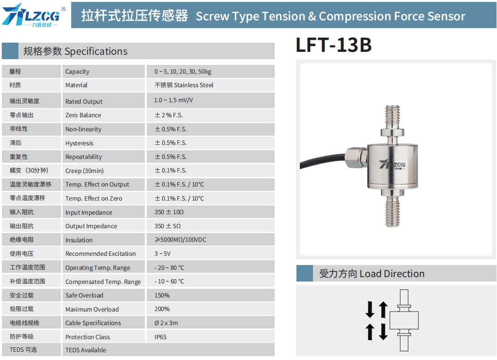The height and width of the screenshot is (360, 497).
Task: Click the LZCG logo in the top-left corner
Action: [x=34, y=15]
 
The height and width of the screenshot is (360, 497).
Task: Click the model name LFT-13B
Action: [x=333, y=45]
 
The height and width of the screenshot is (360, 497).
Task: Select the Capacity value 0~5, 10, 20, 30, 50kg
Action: [x=183, y=72]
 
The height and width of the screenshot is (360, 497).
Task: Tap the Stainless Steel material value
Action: [x=184, y=85]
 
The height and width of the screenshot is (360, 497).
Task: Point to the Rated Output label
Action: [x=84, y=101]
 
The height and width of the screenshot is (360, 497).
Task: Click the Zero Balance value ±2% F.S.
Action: [x=169, y=115]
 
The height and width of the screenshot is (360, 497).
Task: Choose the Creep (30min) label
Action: [x=84, y=171]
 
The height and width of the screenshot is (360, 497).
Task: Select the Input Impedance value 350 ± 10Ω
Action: [x=169, y=212]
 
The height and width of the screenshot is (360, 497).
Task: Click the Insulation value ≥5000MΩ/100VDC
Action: [x=180, y=239]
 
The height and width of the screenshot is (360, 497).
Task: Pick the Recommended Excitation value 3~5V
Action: [x=162, y=253]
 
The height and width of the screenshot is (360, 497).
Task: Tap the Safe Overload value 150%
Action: [x=162, y=296]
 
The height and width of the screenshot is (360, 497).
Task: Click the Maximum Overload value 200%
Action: [x=162, y=309]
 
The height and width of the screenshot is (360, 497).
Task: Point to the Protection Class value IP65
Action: [x=160, y=337]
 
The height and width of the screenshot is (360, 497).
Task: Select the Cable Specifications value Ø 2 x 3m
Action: [x=166, y=323]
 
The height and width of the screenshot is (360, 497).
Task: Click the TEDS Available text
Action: [x=86, y=350]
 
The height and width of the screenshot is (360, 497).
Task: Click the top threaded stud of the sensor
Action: [x=392, y=117]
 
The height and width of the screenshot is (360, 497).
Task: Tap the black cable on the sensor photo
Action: [x=322, y=160]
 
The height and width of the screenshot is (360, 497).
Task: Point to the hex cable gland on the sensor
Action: [x=356, y=157]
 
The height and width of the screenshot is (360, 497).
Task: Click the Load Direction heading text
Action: [x=392, y=273]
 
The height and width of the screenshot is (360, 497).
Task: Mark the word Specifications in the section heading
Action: [x=96, y=51]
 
